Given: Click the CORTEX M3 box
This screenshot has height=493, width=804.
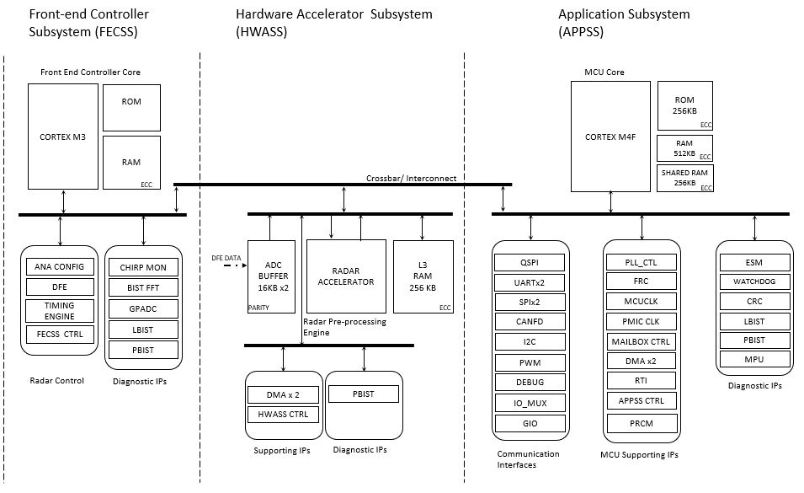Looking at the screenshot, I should coord(62,137).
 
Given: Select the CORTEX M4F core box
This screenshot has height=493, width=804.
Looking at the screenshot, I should coord(610,137).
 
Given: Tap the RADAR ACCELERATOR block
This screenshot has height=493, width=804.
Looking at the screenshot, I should coord(346,276).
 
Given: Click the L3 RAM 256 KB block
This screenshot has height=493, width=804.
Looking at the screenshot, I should coord(423,276).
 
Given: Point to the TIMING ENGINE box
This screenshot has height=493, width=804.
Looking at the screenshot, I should coord(60,310).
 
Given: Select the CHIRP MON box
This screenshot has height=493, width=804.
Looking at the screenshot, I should coord(143,267).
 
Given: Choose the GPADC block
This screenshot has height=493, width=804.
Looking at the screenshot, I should coord(143,308).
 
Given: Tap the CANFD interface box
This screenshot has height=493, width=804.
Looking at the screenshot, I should coord(531,321).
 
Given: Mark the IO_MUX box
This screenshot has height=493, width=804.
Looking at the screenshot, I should coord(531,403).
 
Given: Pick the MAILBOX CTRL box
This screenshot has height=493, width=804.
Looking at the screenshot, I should coord(642,341).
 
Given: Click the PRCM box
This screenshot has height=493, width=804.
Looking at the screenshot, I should coord(642,422).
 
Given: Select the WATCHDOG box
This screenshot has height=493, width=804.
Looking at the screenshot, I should coord(754,281).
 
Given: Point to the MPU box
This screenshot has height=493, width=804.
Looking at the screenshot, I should coord(754,360).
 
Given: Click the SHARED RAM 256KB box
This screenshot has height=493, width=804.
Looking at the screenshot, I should coord(685,178).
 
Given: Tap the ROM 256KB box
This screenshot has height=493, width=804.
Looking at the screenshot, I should coord(685,105).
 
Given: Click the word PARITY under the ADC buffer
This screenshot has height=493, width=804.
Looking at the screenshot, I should coord(259,308).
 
